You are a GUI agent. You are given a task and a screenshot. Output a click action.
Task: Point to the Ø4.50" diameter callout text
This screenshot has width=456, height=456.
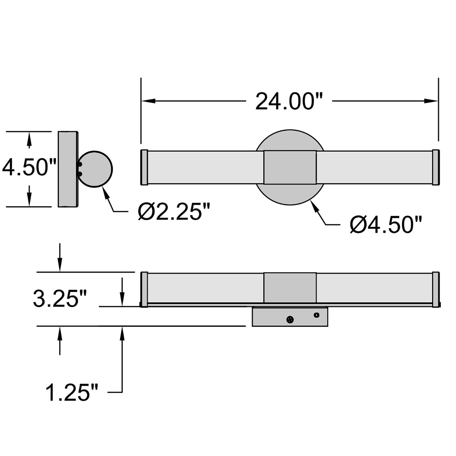pyautogui.click(x=386, y=225)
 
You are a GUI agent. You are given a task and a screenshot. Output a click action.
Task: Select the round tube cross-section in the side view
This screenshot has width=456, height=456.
pyautogui.click(x=95, y=169)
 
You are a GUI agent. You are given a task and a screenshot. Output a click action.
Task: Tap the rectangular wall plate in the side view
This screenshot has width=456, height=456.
pyautogui.click(x=67, y=169)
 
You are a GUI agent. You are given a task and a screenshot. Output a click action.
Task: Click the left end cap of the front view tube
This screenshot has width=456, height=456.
pyautogui.click(x=144, y=167)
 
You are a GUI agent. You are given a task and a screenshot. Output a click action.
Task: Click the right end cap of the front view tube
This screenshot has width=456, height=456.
pyautogui.click(x=435, y=167)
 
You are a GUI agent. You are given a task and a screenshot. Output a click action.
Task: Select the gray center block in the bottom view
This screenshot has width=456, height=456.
pyautogui.click(x=290, y=288)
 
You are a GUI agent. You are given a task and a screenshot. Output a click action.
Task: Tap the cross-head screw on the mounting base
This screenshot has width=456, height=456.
pyautogui.click(x=290, y=319)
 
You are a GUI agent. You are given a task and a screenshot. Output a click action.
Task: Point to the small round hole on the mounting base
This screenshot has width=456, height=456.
pyautogui.click(x=316, y=315)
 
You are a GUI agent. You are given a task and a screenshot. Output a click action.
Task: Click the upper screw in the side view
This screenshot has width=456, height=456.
pyautogui.click(x=80, y=164)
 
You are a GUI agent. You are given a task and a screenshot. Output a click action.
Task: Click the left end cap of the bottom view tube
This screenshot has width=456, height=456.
pyautogui.click(x=144, y=289)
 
